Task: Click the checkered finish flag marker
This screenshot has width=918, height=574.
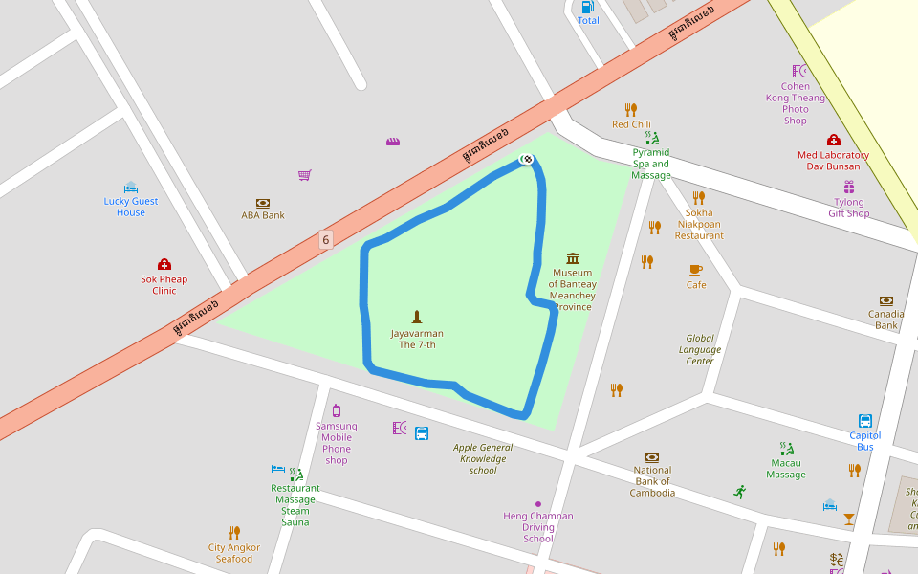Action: click(x=526, y=158)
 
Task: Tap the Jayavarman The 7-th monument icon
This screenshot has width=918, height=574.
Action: click(x=417, y=316)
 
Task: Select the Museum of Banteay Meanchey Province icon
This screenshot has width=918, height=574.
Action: click(x=573, y=258)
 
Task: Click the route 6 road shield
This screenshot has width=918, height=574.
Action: click(x=326, y=240)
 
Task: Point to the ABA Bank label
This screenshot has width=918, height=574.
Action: click(x=263, y=215)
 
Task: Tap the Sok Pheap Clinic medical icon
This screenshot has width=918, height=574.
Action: click(x=164, y=264)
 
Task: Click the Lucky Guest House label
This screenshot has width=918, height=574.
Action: click(x=131, y=207)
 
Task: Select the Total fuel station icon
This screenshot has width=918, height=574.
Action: click(x=588, y=7)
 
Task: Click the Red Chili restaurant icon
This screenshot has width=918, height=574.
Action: click(x=631, y=109)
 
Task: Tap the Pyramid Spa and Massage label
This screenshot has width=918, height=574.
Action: click(x=651, y=164)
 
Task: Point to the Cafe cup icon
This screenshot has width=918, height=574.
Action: click(x=695, y=270)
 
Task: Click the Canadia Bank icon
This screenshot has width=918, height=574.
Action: click(x=885, y=300)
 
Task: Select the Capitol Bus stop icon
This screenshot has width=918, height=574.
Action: click(x=864, y=421)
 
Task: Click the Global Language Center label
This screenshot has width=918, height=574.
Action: click(x=700, y=349)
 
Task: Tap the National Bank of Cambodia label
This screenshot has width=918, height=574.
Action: click(x=652, y=481)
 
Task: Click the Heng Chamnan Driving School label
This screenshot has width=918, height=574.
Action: click(x=538, y=527)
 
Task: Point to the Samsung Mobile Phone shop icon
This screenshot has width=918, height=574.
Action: click(x=337, y=410)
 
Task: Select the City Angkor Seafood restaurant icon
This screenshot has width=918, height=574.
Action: click(x=234, y=532)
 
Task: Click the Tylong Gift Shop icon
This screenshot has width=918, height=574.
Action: click(x=848, y=188)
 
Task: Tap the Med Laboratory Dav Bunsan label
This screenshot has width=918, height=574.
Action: click(x=833, y=161)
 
